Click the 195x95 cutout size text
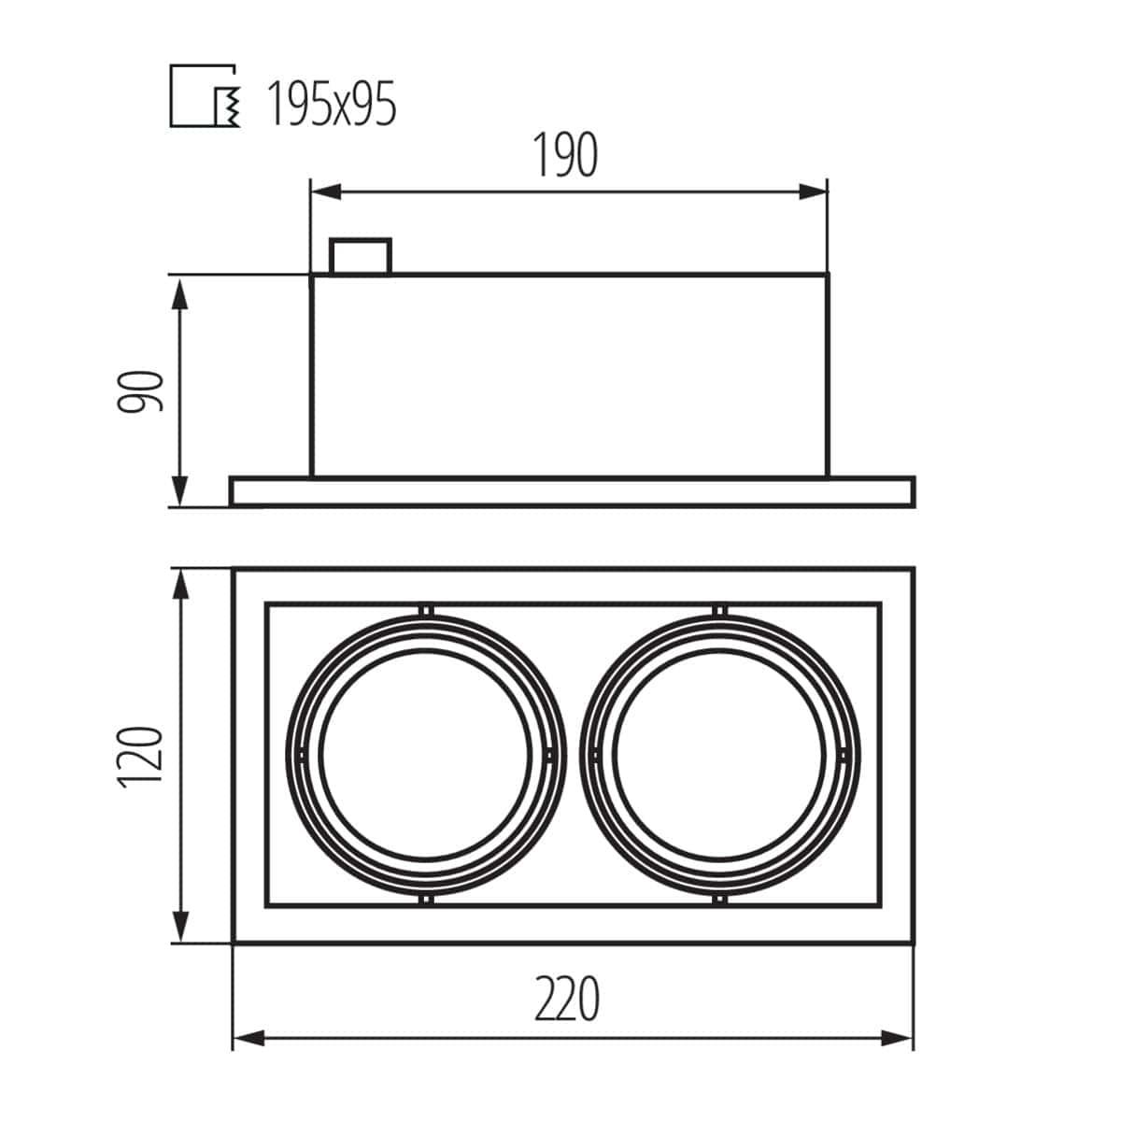click(x=332, y=104)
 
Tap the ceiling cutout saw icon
click(x=205, y=95)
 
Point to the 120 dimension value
click(x=140, y=757)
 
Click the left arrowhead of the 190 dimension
click(x=325, y=192)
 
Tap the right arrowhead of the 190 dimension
click(x=813, y=192)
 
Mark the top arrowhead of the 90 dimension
click(x=181, y=293)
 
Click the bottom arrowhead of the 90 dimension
click(x=181, y=491)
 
